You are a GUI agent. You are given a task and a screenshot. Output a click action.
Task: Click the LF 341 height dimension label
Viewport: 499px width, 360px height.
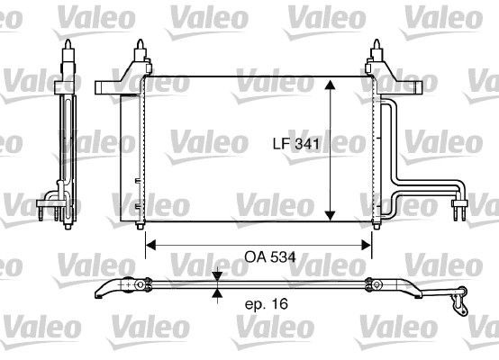pos(296,142)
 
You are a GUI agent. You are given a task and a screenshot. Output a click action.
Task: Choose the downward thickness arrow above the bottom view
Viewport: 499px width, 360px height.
pos(216,278)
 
